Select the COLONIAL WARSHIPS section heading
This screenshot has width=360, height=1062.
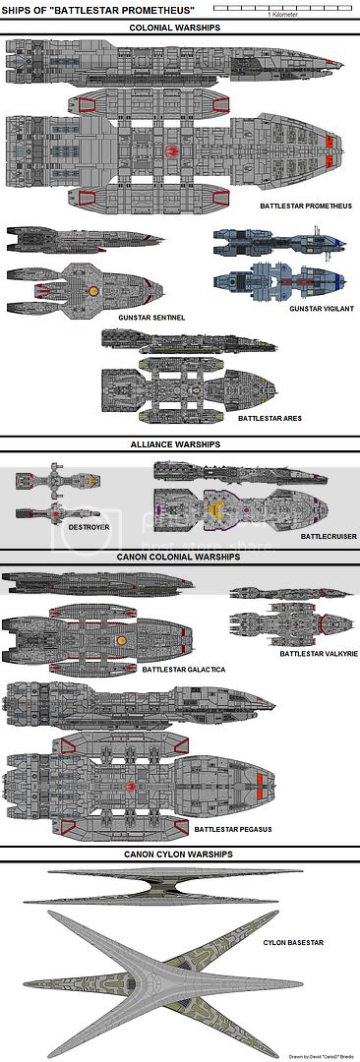180,28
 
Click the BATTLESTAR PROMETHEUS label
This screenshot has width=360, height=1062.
306,206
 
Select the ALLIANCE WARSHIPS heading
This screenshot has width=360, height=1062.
180,444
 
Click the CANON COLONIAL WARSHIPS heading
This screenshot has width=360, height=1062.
179,557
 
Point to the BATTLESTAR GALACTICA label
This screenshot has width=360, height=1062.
184,669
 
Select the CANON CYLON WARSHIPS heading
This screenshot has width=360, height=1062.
179,855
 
